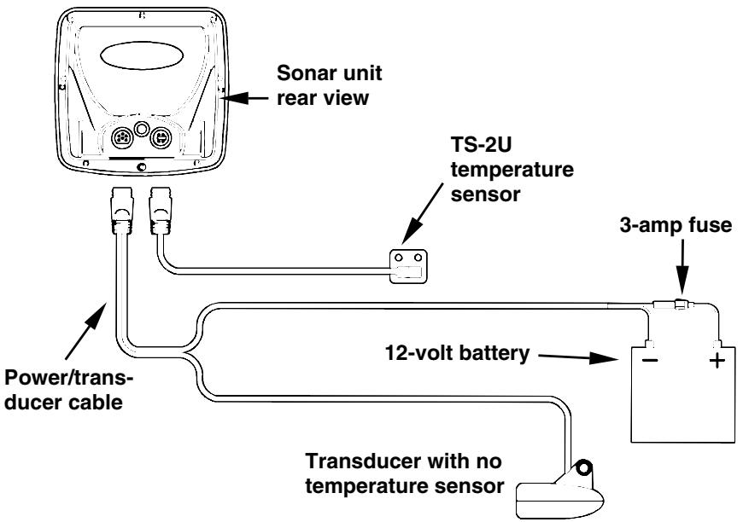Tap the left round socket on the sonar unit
coord(121,138)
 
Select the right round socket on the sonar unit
coord(161,138)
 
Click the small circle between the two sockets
coord(141,128)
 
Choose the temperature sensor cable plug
coord(161,210)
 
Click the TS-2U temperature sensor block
coord(408,266)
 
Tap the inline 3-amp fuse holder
coord(673,304)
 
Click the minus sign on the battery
coord(650,361)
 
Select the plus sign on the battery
coord(717,361)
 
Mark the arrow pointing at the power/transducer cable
coord(85,330)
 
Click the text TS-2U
coord(481,144)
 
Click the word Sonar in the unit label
coord(305,73)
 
